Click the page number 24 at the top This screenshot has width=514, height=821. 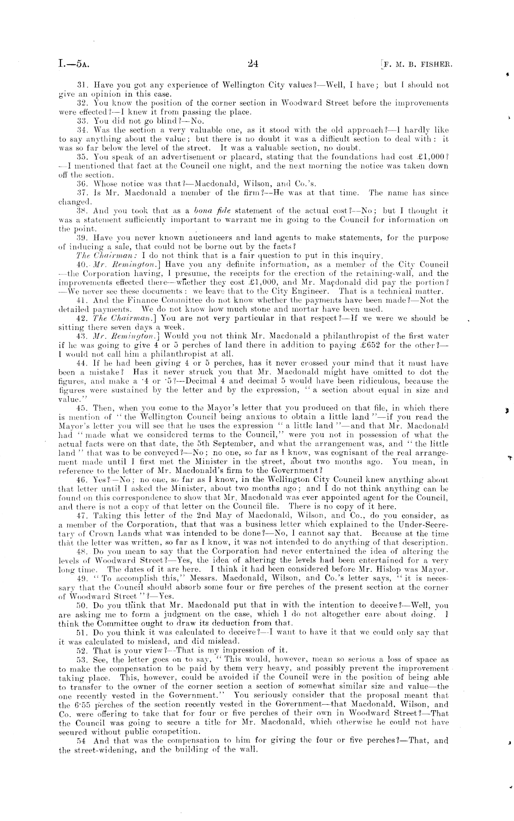click(252, 64)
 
